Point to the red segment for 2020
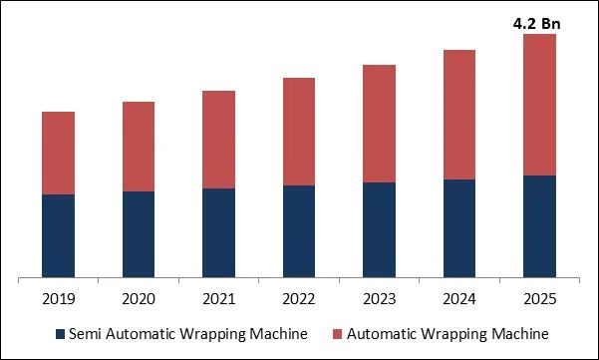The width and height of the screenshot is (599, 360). click(x=139, y=147)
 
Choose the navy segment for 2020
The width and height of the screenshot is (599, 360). click(x=139, y=234)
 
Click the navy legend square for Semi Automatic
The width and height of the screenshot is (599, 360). click(x=60, y=333)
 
